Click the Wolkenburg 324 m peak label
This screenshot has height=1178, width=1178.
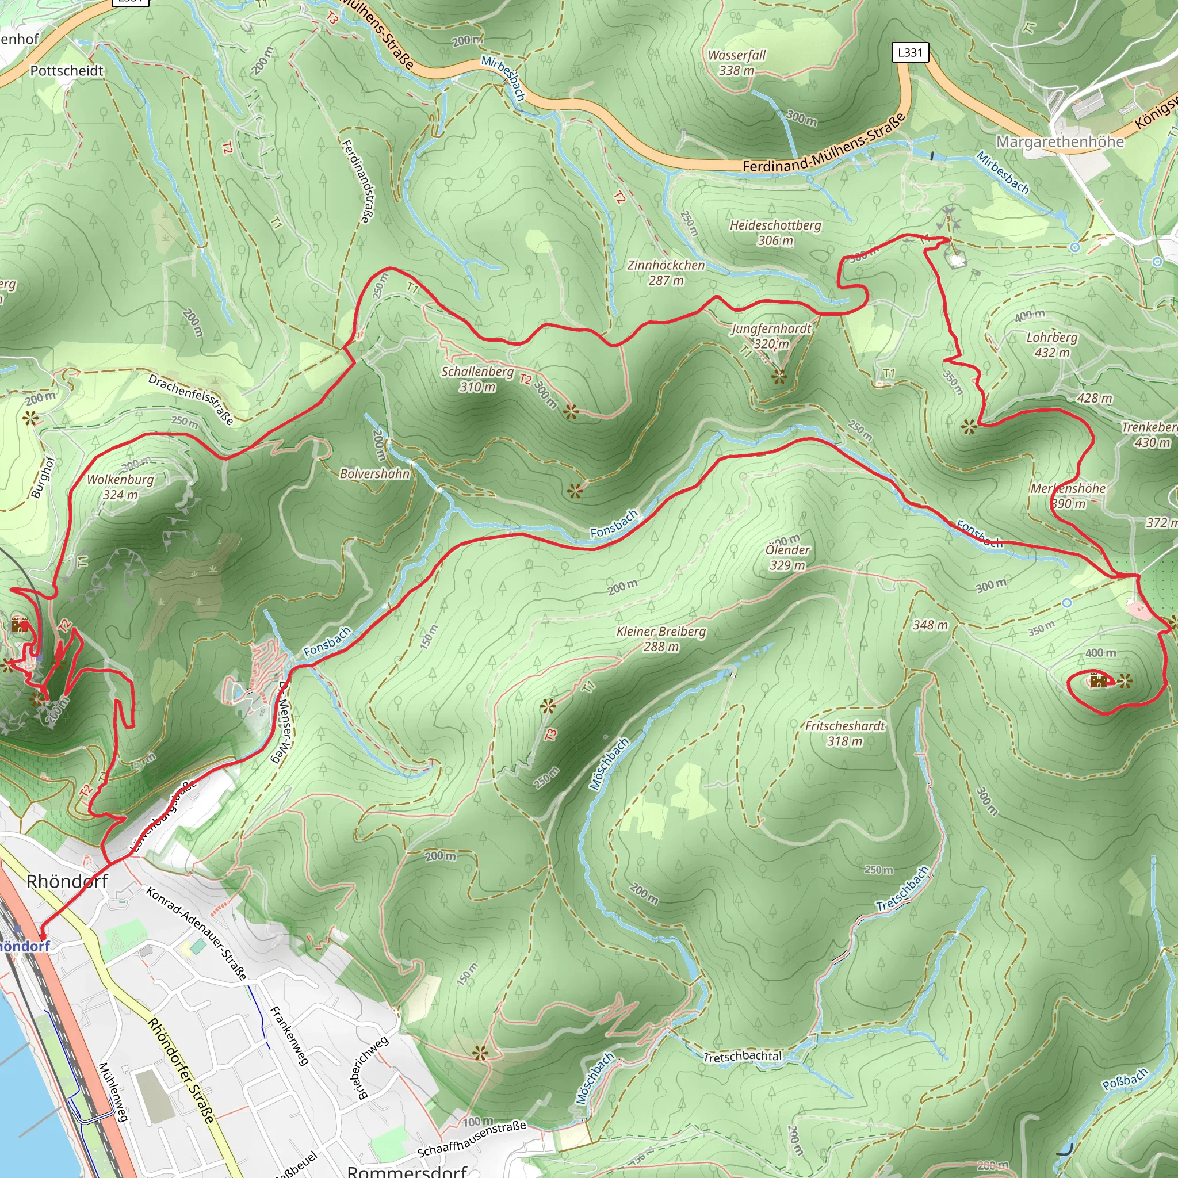click(120, 487)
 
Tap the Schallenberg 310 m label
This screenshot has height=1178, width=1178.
click(477, 378)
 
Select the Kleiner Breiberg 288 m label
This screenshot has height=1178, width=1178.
click(661, 638)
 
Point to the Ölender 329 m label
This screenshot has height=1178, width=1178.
click(787, 557)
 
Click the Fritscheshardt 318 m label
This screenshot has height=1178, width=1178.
click(844, 733)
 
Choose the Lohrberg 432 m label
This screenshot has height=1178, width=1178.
click(1052, 345)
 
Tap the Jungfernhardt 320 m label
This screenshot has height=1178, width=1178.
click(771, 335)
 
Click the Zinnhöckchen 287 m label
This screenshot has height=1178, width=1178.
click(666, 273)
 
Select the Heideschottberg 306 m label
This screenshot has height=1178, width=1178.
click(775, 232)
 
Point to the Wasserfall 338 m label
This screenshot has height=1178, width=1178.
click(737, 62)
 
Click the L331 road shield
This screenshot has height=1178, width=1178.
click(910, 52)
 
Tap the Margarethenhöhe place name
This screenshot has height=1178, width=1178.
click(1060, 141)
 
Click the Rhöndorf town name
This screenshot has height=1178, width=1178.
click(67, 881)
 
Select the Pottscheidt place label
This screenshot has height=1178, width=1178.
click(67, 71)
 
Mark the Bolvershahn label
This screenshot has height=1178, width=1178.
click(374, 473)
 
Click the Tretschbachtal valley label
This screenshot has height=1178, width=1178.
click(742, 1057)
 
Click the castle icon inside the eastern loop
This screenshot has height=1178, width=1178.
click(1098, 680)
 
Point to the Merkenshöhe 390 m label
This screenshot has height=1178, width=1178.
click(1068, 496)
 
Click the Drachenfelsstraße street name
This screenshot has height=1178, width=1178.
click(191, 398)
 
